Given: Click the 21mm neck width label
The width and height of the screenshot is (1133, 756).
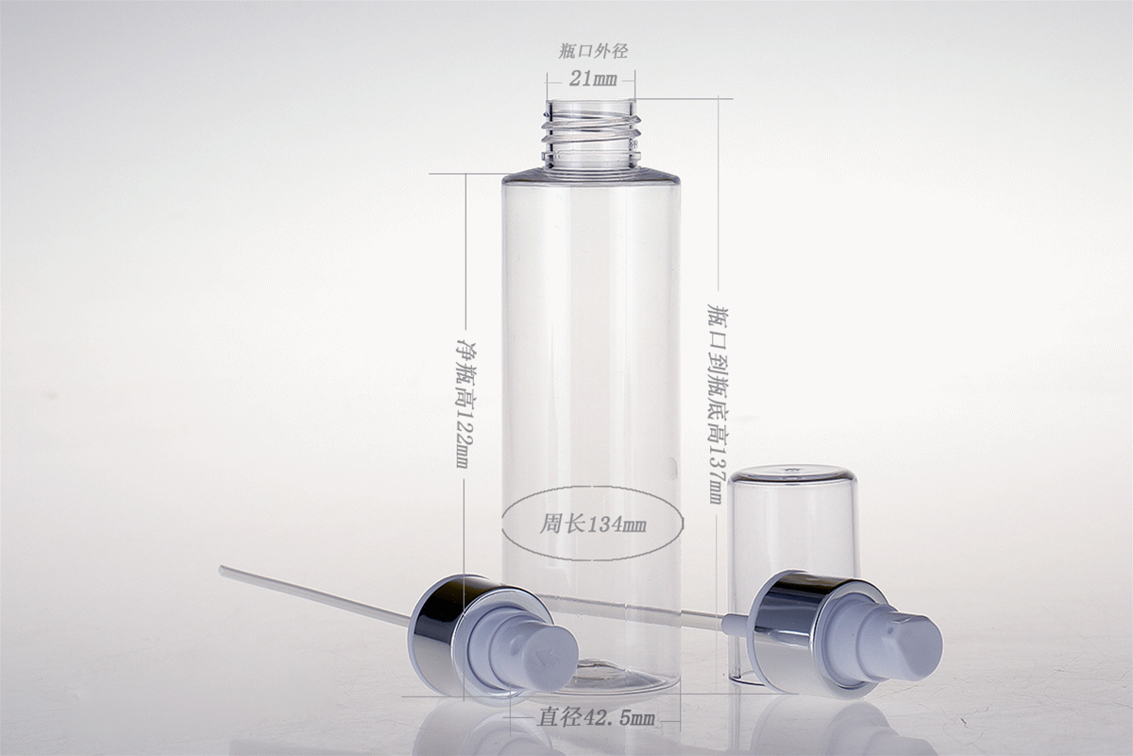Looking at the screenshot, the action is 593,78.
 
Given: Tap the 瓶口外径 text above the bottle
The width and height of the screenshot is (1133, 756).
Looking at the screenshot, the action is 593,52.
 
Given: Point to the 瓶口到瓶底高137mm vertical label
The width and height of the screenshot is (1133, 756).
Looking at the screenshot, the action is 717,404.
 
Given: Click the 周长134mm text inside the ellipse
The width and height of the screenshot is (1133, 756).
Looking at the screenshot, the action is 593,524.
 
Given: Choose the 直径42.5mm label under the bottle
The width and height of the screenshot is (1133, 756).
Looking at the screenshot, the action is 596,717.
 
